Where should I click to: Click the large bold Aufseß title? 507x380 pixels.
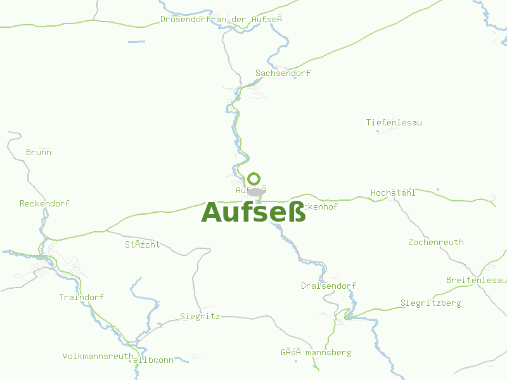pos(253,213)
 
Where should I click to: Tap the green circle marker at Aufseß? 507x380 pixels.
pos(254,179)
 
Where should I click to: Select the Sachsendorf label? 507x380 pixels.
pos(283,73)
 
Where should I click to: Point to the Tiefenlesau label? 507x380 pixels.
pos(394,122)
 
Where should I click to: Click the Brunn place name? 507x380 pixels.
pos(39,153)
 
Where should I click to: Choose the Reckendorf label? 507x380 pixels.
pos(44,204)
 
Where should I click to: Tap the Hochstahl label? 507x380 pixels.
pos(393,193)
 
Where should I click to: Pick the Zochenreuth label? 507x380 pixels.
pos(435,243)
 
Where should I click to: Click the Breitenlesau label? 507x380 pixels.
pos(476,280)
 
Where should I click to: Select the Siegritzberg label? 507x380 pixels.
pos(430,303)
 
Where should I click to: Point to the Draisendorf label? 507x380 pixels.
pos(328,286)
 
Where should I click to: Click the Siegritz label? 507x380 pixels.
pos(200,316)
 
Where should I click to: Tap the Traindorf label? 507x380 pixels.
pos(81,298)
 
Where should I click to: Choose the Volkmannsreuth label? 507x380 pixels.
pos(98,357)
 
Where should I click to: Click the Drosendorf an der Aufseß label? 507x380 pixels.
pos(221,20)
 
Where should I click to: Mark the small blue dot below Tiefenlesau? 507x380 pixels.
pos(378,132)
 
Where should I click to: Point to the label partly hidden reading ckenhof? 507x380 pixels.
pos(321,207)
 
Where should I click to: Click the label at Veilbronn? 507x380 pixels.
pos(152,360)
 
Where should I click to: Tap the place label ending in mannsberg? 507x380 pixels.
pos(316,353)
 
